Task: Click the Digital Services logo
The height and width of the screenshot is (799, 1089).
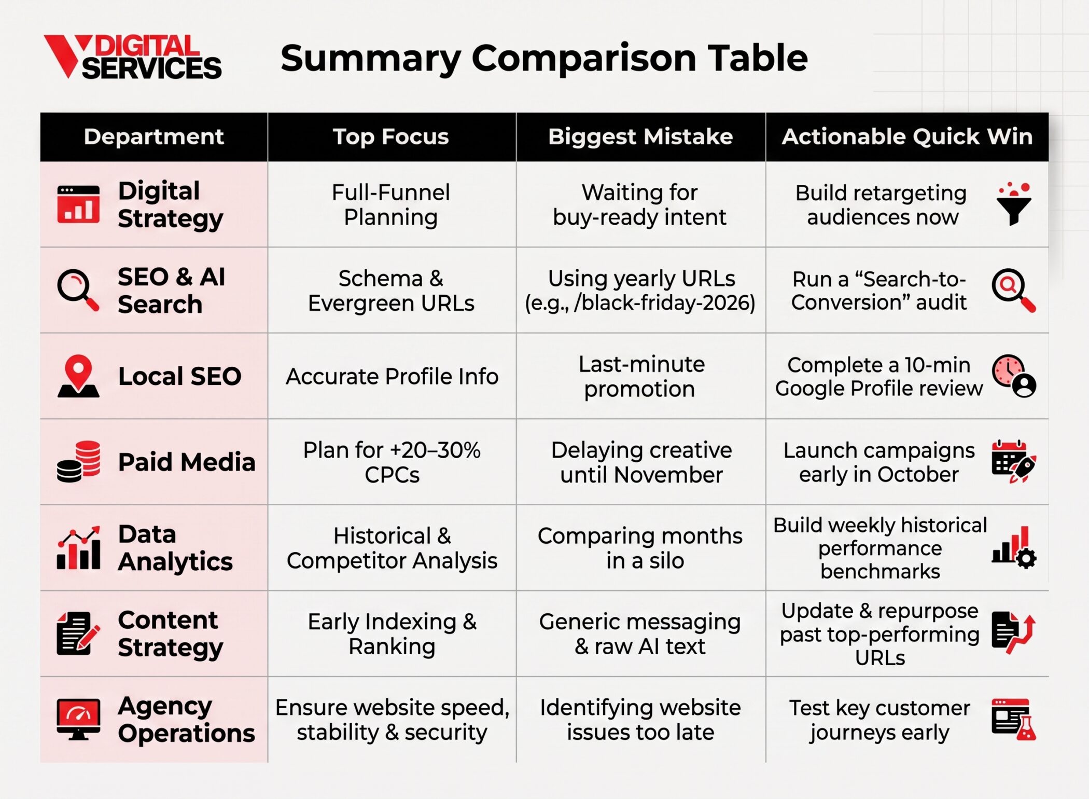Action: click(x=132, y=57)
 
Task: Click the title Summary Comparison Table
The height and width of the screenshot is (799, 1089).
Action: click(x=544, y=58)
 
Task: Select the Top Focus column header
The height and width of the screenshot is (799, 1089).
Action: click(x=390, y=136)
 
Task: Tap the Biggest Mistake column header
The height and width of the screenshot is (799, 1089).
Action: click(x=640, y=136)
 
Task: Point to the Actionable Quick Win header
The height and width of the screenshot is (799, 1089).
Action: click(x=907, y=136)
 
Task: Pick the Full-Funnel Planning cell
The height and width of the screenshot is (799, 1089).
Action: click(x=391, y=204)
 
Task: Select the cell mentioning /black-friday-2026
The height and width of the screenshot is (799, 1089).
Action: click(x=640, y=291)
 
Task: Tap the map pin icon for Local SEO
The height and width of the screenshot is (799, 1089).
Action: click(x=78, y=376)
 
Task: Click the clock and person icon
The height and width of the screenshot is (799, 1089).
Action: click(x=1014, y=376)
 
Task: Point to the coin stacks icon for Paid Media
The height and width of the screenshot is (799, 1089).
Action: click(x=78, y=462)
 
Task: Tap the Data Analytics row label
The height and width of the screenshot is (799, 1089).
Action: click(x=175, y=548)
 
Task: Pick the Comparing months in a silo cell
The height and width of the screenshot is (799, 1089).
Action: click(x=640, y=548)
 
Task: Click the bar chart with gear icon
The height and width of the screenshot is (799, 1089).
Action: click(x=1014, y=548)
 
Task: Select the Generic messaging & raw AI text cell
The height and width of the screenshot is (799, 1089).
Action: click(x=640, y=633)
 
